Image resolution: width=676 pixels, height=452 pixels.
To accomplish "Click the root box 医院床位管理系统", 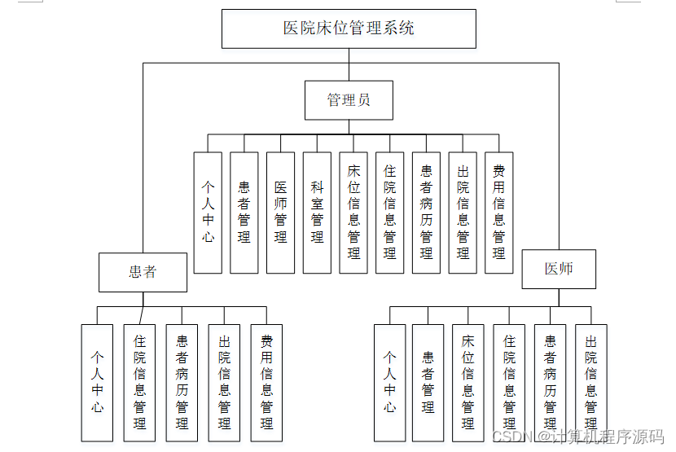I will click(x=349, y=29).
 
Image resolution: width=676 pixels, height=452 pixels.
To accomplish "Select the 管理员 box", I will click(x=349, y=100).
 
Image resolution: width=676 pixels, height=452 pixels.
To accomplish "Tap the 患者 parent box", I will click(x=143, y=271).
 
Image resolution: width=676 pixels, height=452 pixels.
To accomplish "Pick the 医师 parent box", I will click(x=559, y=269).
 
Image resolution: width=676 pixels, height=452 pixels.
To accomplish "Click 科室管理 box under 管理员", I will click(x=317, y=213).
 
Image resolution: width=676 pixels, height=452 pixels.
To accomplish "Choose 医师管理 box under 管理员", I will click(x=280, y=213).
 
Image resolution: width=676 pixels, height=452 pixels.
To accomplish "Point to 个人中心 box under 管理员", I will click(x=208, y=213).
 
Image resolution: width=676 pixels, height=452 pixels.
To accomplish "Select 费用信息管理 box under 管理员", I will click(x=499, y=213).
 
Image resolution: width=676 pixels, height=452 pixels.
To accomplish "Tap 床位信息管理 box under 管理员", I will click(x=353, y=213).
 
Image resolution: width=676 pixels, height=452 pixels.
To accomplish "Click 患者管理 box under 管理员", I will click(x=244, y=213).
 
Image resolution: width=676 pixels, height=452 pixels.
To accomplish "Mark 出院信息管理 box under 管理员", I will click(x=463, y=213).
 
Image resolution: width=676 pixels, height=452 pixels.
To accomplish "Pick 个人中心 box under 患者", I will click(x=97, y=383).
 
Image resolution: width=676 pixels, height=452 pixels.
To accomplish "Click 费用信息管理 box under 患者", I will click(x=266, y=383).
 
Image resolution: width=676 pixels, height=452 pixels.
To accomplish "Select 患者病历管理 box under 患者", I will click(x=182, y=383).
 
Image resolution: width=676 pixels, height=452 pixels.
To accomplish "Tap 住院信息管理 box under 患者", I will click(x=139, y=383).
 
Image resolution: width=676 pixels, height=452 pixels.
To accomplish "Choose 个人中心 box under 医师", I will click(x=390, y=383).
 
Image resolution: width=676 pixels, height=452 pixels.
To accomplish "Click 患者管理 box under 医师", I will click(x=428, y=383).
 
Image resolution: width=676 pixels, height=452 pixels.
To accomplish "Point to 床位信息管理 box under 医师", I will click(x=468, y=383).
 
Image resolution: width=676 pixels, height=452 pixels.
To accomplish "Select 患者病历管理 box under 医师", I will click(x=551, y=383).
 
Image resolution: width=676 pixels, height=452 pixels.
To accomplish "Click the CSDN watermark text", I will click(x=578, y=437).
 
